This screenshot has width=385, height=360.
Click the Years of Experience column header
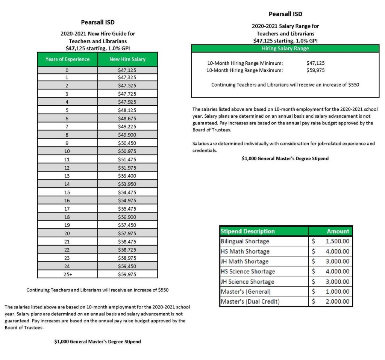tap(68, 59)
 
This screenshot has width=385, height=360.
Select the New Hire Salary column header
tap(127, 59)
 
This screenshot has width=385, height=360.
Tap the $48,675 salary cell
tap(127, 118)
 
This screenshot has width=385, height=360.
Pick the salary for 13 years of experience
tap(127, 176)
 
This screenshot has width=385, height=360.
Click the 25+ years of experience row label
tap(68, 274)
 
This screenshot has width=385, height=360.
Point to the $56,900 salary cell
tap(127, 217)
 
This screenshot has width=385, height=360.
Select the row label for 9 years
tap(68, 143)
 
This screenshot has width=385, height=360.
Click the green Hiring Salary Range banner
tap(285, 49)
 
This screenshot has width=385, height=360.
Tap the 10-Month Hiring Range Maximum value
tap(315, 70)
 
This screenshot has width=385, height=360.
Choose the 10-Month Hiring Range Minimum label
tap(245, 63)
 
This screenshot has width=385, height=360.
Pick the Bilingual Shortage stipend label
tap(245, 241)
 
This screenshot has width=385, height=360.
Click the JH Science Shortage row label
tap(247, 281)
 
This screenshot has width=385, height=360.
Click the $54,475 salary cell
tap(127, 192)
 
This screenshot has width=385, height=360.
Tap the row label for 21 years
tap(68, 242)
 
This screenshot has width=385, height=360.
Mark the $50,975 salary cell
tap(127, 151)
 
